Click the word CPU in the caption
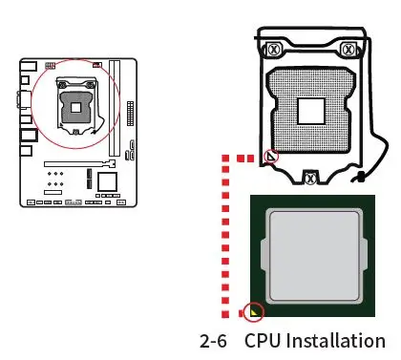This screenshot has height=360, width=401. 264,341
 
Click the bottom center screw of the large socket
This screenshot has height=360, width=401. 312,177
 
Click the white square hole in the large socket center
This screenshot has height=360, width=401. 311,111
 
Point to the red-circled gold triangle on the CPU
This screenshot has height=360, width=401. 254,310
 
